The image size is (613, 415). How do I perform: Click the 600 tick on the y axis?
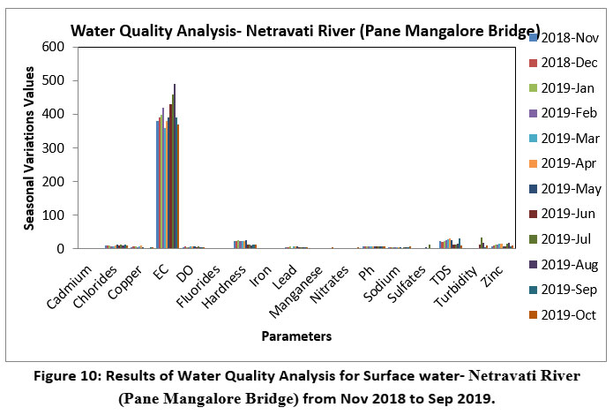point(54,47)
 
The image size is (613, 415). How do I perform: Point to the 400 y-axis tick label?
point(54,114)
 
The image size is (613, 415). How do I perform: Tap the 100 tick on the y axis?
point(54,215)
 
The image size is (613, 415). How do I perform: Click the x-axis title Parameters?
point(296,336)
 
